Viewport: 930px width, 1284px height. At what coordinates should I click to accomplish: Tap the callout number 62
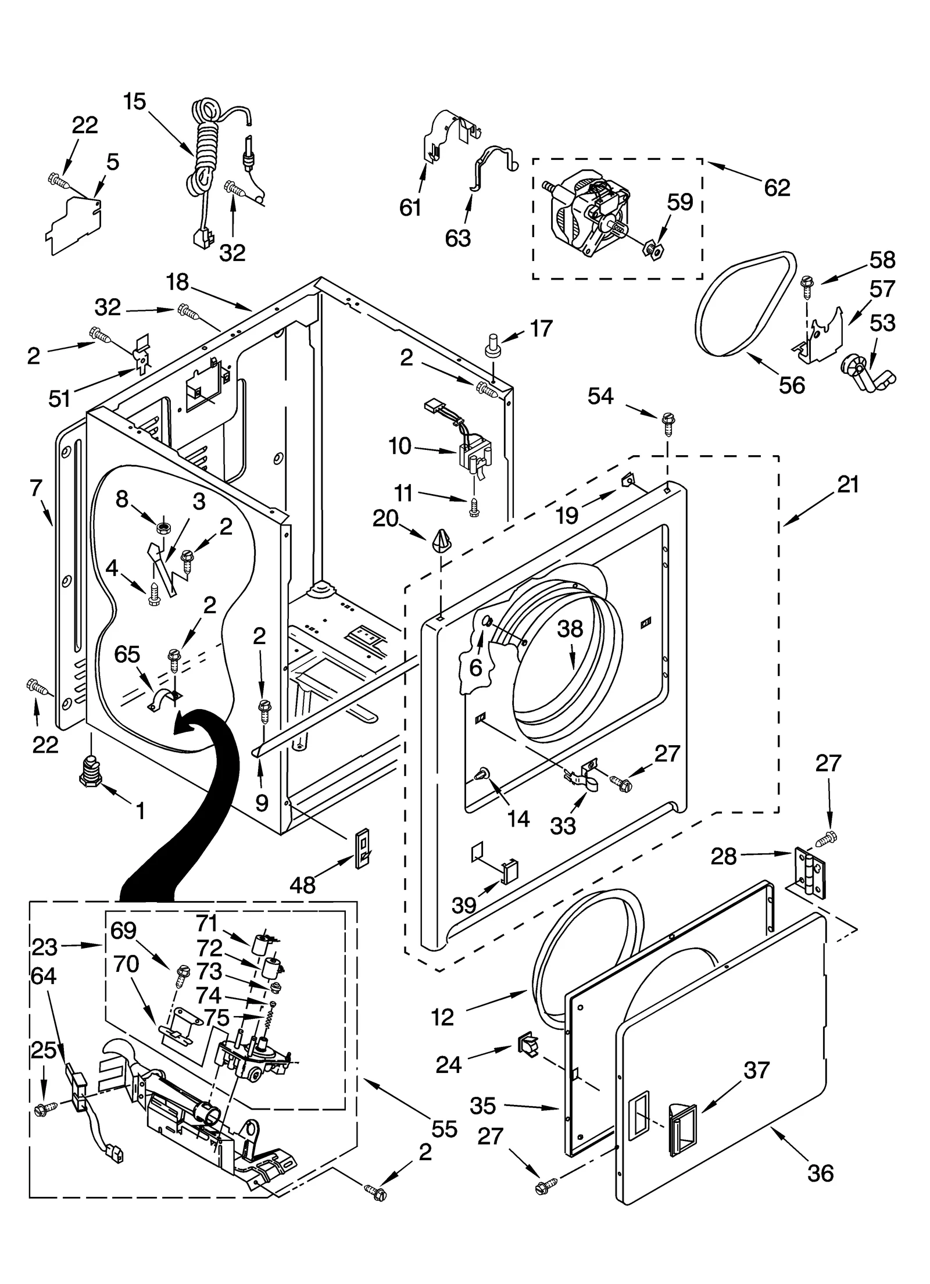(777, 187)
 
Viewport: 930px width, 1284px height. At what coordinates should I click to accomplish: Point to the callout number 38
(570, 629)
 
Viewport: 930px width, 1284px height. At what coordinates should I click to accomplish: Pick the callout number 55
(444, 1129)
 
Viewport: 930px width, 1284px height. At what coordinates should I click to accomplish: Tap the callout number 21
(847, 484)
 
